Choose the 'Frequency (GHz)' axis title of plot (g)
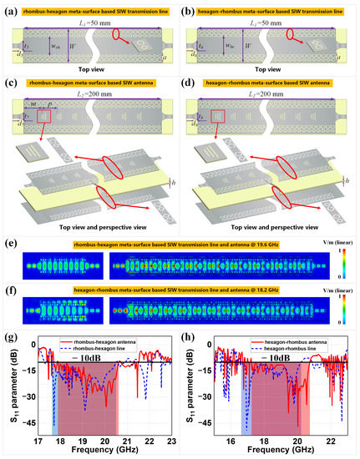point(102,450)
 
